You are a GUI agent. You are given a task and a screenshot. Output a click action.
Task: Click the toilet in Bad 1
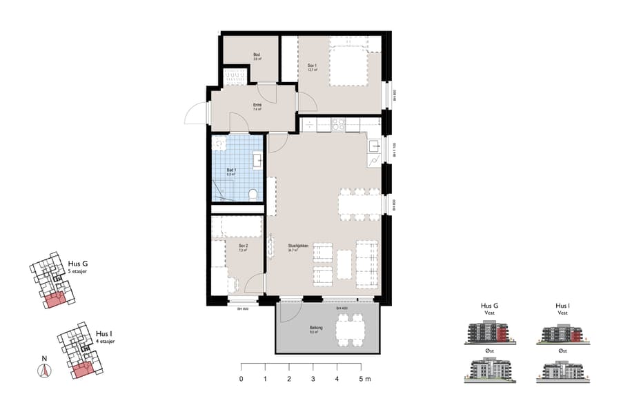point(253,194)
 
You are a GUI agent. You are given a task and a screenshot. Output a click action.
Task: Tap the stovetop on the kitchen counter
point(339,125)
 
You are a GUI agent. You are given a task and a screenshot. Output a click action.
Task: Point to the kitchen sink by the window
point(373,146)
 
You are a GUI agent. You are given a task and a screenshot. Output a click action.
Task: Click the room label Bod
point(256,56)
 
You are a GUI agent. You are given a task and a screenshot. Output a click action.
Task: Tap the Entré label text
point(256,106)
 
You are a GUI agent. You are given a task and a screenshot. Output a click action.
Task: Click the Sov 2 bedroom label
point(242,248)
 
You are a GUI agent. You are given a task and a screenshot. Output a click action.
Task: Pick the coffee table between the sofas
point(344,264)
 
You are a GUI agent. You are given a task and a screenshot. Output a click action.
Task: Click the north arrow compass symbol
point(43,371)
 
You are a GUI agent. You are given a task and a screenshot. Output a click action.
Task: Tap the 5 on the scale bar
point(362,379)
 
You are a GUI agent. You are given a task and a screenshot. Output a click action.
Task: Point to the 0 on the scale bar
point(241,379)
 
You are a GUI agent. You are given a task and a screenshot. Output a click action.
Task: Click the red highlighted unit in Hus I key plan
point(81,370)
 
